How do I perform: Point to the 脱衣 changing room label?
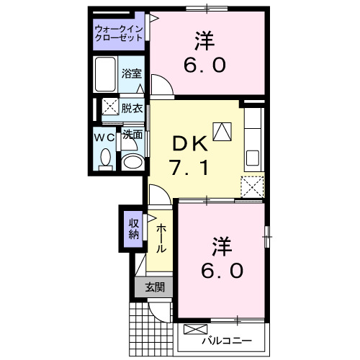pyautogui.click(x=131, y=109)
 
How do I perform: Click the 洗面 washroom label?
pyautogui.click(x=131, y=135)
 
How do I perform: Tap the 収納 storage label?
pyautogui.click(x=134, y=228)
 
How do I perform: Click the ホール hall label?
pyautogui.click(x=161, y=235)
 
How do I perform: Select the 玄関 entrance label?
pyautogui.click(x=154, y=287)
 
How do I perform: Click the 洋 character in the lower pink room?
pyautogui.click(x=222, y=246)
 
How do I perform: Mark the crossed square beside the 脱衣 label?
pyautogui.click(x=110, y=107)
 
